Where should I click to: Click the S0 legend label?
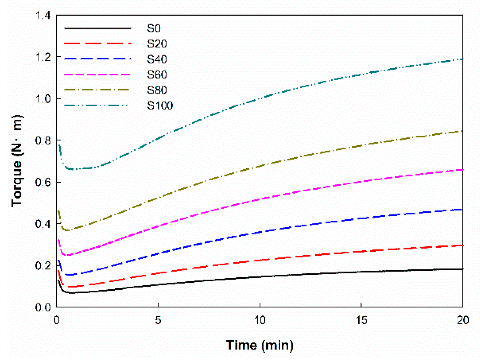pyautogui.click(x=154, y=29)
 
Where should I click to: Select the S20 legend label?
pyautogui.click(x=157, y=44)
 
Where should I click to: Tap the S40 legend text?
pyautogui.click(x=157, y=59)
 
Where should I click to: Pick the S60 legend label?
pyautogui.click(x=157, y=75)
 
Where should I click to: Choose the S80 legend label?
pyautogui.click(x=157, y=90)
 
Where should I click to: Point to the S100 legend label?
pyautogui.click(x=160, y=105)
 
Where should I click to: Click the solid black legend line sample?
pyautogui.click(x=98, y=28)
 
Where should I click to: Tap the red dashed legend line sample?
pyautogui.click(x=98, y=44)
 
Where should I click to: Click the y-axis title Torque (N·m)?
pyautogui.click(x=17, y=161)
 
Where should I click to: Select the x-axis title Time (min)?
pyautogui.click(x=259, y=345)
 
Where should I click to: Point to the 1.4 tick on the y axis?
pyautogui.click(x=43, y=15)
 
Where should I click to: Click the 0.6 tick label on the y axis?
pyautogui.click(x=43, y=182)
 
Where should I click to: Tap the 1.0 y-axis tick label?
pyautogui.click(x=43, y=99)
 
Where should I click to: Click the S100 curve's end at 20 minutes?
pyautogui.click(x=462, y=59)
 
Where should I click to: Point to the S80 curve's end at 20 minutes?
pyautogui.click(x=462, y=131)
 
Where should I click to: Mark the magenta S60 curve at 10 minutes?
pyautogui.click(x=259, y=200)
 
